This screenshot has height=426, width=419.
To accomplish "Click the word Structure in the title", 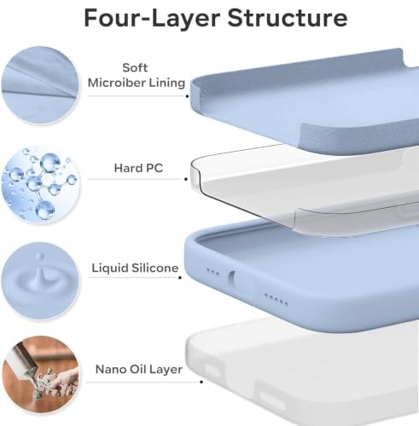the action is [x=288, y=18].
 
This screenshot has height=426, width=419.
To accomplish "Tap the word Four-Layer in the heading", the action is [x=152, y=18].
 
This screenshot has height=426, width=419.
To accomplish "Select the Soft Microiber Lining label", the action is [x=137, y=75].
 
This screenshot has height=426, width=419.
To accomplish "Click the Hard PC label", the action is [x=138, y=168].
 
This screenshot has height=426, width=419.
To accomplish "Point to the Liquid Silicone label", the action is [x=135, y=268].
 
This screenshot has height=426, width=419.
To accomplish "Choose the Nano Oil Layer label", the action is [x=139, y=369].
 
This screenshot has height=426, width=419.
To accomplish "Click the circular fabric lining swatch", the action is [x=40, y=85].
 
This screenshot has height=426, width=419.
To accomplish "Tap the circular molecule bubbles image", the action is [x=40, y=184].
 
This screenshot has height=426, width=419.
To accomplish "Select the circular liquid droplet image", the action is [x=40, y=281].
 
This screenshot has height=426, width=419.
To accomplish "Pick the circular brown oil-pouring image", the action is [x=40, y=374].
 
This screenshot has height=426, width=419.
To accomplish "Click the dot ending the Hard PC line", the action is [x=186, y=179].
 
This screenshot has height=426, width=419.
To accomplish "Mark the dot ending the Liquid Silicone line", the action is [x=180, y=278].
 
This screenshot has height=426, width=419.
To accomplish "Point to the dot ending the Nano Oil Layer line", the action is [x=201, y=382].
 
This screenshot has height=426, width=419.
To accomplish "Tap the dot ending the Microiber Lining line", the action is [x=187, y=96].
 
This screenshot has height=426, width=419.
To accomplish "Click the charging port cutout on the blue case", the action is [x=232, y=277].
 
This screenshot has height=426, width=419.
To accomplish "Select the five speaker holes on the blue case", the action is [x=276, y=300].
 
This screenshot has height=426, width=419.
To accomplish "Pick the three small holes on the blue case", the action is [x=212, y=272].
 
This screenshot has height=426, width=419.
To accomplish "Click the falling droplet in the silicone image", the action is [x=41, y=256].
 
